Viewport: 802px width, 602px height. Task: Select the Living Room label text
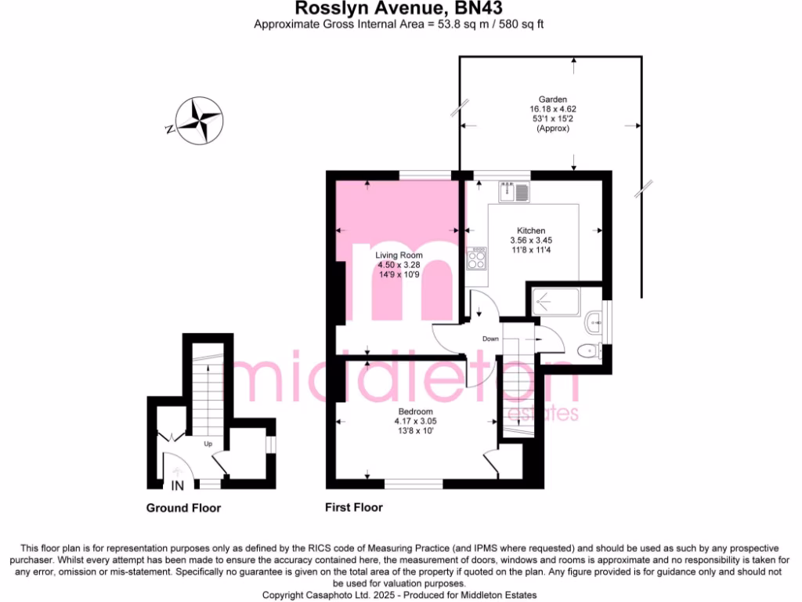coord(399,256)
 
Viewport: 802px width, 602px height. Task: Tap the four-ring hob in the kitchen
coord(475,258)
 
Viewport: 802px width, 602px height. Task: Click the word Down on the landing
coord(490,339)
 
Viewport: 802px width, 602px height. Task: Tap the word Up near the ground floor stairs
coord(208,444)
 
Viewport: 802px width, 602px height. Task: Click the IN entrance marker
coord(177,484)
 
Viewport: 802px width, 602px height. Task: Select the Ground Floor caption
coord(183,508)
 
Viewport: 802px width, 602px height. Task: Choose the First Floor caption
coord(354,508)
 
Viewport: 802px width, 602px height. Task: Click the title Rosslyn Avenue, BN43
coord(399,9)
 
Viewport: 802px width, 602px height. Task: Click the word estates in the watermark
coord(544,413)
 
